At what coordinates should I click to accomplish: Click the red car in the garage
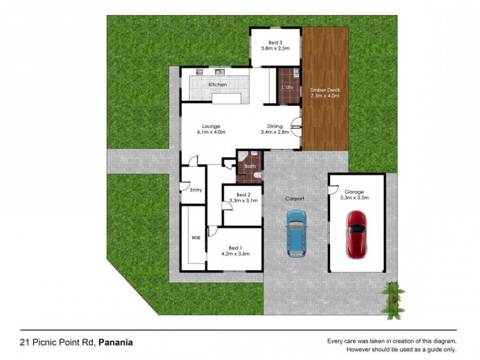pos(356,233)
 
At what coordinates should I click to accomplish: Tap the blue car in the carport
pos(295,233)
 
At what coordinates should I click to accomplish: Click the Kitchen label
pos(218,85)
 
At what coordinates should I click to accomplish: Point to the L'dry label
pos(288,88)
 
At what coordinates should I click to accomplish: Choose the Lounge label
pos(212,126)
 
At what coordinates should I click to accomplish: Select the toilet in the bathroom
pos(256,175)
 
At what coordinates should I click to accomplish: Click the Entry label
pos(196,190)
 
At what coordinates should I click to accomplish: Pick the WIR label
pos(195,238)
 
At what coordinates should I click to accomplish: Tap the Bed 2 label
pos(242,195)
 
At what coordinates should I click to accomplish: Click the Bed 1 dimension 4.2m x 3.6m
pos(235,254)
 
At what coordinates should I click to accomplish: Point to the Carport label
pos(295,199)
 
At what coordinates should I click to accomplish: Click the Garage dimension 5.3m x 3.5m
pos(354,197)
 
